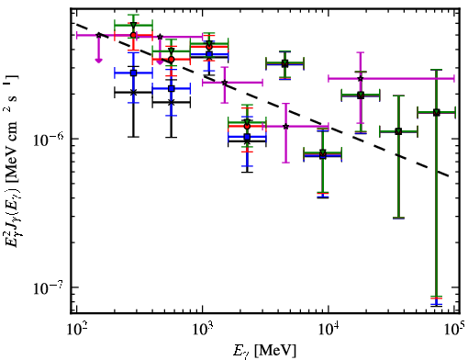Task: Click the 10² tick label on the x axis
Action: point(76,329)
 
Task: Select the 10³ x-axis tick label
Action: point(202,329)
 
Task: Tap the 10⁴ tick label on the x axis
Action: point(329,329)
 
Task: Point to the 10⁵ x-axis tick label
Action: point(455,329)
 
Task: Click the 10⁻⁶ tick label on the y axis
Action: point(49,140)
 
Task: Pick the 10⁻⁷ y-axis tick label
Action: point(49,287)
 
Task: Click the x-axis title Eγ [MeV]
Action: point(264,351)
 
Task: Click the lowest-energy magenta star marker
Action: point(98,35)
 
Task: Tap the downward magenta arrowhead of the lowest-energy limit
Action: point(98,61)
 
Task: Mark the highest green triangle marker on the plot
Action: point(133,25)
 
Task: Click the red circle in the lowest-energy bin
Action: point(133,35)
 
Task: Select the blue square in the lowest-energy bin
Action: point(133,73)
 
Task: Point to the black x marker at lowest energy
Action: point(133,92)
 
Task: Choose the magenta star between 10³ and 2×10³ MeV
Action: point(225,83)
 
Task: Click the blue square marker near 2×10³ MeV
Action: point(247,137)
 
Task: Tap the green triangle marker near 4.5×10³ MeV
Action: point(284,63)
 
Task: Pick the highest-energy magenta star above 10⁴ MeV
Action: point(361,79)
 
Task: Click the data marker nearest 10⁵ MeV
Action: point(436,112)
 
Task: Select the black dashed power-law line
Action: point(262,100)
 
